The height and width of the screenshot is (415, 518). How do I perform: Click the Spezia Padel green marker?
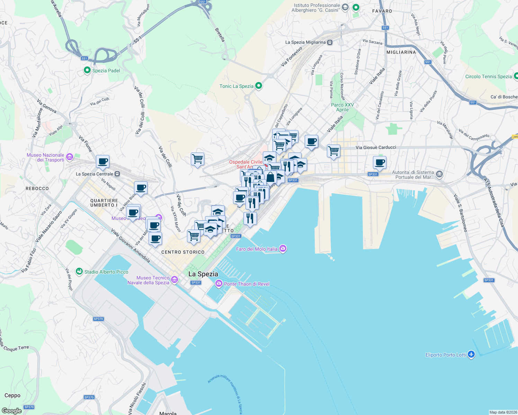click(87, 70)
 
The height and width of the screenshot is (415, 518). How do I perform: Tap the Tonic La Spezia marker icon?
click(258, 86)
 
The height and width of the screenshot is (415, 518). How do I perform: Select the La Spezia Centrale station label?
click(95, 174)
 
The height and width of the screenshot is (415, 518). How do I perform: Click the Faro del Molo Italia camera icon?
click(283, 249)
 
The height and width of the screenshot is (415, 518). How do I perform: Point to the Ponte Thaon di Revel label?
click(247, 284)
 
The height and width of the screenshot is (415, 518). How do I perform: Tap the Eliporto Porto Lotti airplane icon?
click(471, 354)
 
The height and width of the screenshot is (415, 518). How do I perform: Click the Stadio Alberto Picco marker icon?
click(79, 271)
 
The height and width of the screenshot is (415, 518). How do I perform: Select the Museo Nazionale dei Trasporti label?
click(45, 157)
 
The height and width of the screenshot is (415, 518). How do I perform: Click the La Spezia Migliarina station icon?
click(330, 42)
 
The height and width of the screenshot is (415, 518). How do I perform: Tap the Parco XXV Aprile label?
click(342, 107)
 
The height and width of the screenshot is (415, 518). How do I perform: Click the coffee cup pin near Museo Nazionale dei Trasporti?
click(102, 161)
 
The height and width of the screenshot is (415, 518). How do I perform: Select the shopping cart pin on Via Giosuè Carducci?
click(333, 151)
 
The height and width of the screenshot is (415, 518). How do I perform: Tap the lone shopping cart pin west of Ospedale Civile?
click(197, 159)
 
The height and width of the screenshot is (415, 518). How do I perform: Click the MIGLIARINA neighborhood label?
click(401, 52)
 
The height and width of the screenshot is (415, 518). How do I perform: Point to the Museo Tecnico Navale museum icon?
click(175, 279)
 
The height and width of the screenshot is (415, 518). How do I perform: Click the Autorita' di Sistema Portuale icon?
click(439, 174)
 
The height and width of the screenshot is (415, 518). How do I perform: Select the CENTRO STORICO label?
click(183, 252)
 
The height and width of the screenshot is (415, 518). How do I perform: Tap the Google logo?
click(11, 411)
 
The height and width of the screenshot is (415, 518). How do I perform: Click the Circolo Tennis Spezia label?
click(488, 76)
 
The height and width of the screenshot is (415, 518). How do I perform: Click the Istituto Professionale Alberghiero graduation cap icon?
click(345, 7)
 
